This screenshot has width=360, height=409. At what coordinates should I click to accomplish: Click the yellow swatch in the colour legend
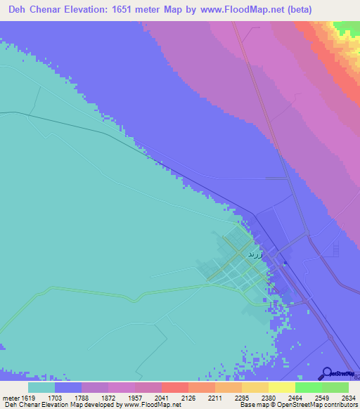click(x=281, y=387)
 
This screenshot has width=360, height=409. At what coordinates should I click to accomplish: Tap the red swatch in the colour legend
click(x=174, y=387)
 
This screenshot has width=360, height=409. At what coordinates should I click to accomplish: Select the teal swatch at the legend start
click(x=41, y=387)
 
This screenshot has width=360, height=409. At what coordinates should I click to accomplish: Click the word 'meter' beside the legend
click(x=9, y=397)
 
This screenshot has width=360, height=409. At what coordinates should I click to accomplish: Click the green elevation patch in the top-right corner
click(x=346, y=27)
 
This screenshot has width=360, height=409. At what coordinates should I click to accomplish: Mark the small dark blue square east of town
click(x=285, y=264)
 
